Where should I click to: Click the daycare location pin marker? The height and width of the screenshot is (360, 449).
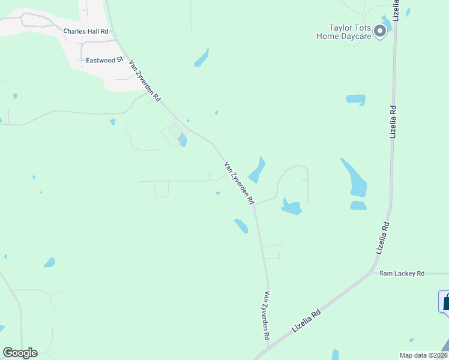[x=379, y=31]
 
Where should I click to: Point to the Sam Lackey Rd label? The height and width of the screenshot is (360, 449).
[x=402, y=274]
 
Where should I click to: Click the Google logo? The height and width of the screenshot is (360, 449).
[x=20, y=353]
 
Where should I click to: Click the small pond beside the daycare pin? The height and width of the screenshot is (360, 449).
[x=387, y=23]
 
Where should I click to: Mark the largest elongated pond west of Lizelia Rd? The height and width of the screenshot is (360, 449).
[x=354, y=178]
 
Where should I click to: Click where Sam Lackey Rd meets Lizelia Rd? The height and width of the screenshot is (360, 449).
[x=373, y=274]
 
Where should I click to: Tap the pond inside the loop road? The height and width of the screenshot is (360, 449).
[x=292, y=207]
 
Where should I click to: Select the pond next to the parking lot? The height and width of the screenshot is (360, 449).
[x=182, y=141]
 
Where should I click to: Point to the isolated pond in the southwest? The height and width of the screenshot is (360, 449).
[x=49, y=262]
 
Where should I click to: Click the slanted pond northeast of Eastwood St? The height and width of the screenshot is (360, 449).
[x=201, y=58]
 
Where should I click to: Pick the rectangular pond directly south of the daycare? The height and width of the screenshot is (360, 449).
[x=356, y=99]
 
